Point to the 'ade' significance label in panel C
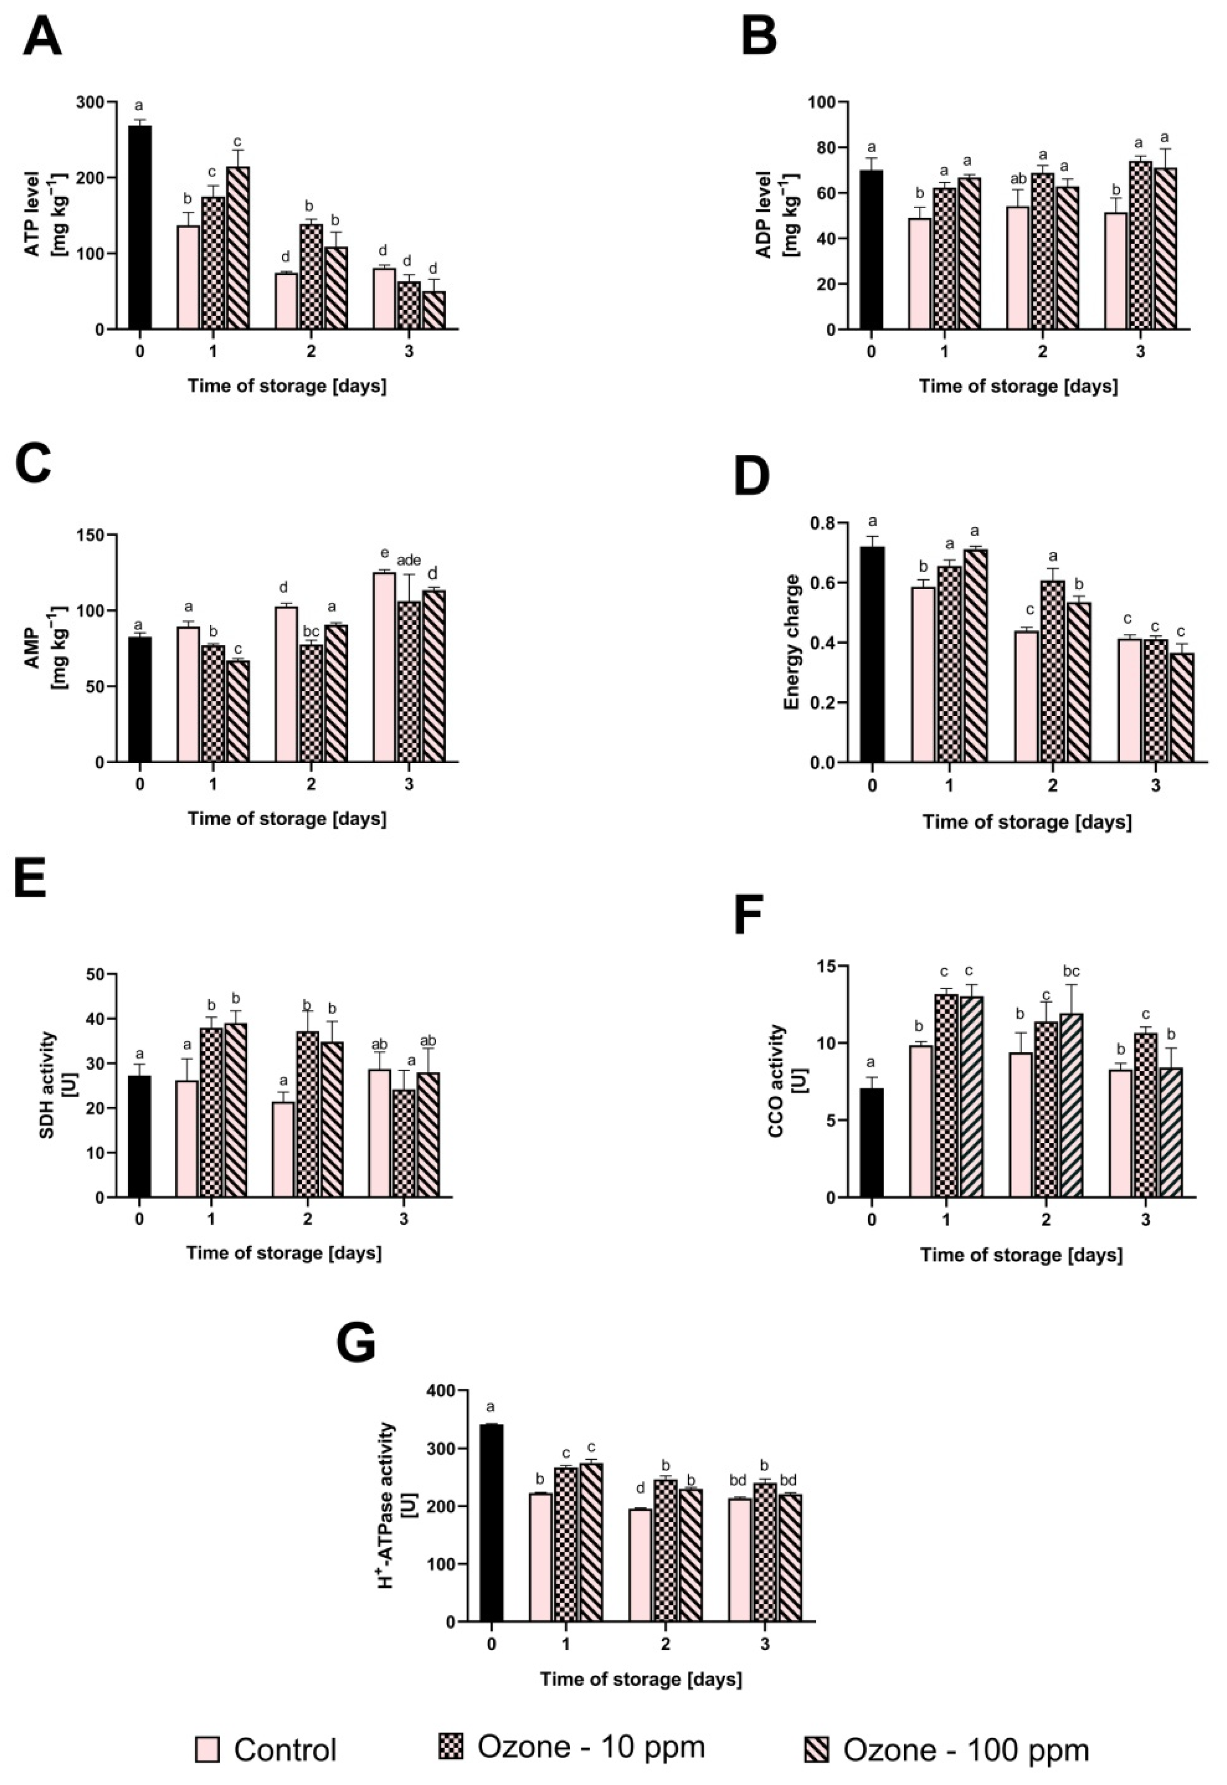coord(409,561)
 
